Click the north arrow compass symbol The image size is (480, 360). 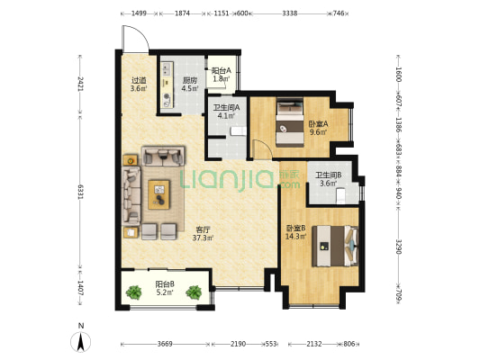pyautogui.click(x=81, y=342)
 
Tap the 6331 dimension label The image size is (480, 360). pyautogui.click(x=80, y=192)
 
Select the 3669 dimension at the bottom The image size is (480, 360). pyautogui.click(x=165, y=344)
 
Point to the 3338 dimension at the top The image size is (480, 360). pyautogui.click(x=290, y=13)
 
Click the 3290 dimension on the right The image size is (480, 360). pyautogui.click(x=398, y=247)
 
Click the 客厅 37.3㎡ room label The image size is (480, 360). pyautogui.click(x=203, y=234)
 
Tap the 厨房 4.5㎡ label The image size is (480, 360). pyautogui.click(x=190, y=85)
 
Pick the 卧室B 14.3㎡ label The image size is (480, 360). pyautogui.click(x=296, y=232)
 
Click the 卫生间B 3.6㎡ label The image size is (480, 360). pyautogui.click(x=329, y=179)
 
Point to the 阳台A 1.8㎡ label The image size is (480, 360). pyautogui.click(x=222, y=75)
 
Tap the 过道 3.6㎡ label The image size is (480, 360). pyautogui.click(x=139, y=85)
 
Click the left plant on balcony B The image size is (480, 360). pyautogui.click(x=134, y=292)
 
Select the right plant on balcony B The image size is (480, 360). pyautogui.click(x=194, y=292)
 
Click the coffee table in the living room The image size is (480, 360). pyautogui.click(x=158, y=194)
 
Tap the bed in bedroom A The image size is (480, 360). pyautogui.click(x=290, y=122)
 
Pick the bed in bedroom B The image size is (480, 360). pyautogui.click(x=335, y=247)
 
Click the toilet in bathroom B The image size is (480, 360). pyautogui.click(x=340, y=196)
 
